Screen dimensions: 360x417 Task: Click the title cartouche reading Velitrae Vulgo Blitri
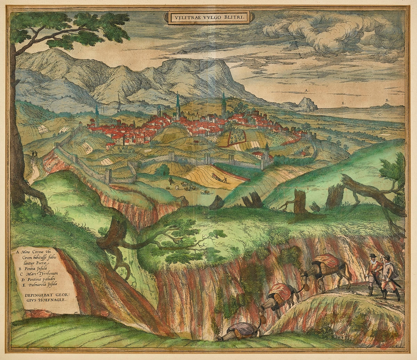(x=208, y=16)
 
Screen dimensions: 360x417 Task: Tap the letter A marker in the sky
(x=306, y=90)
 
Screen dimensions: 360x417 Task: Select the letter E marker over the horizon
(x=343, y=103)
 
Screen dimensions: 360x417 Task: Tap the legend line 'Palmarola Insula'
(x=41, y=286)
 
